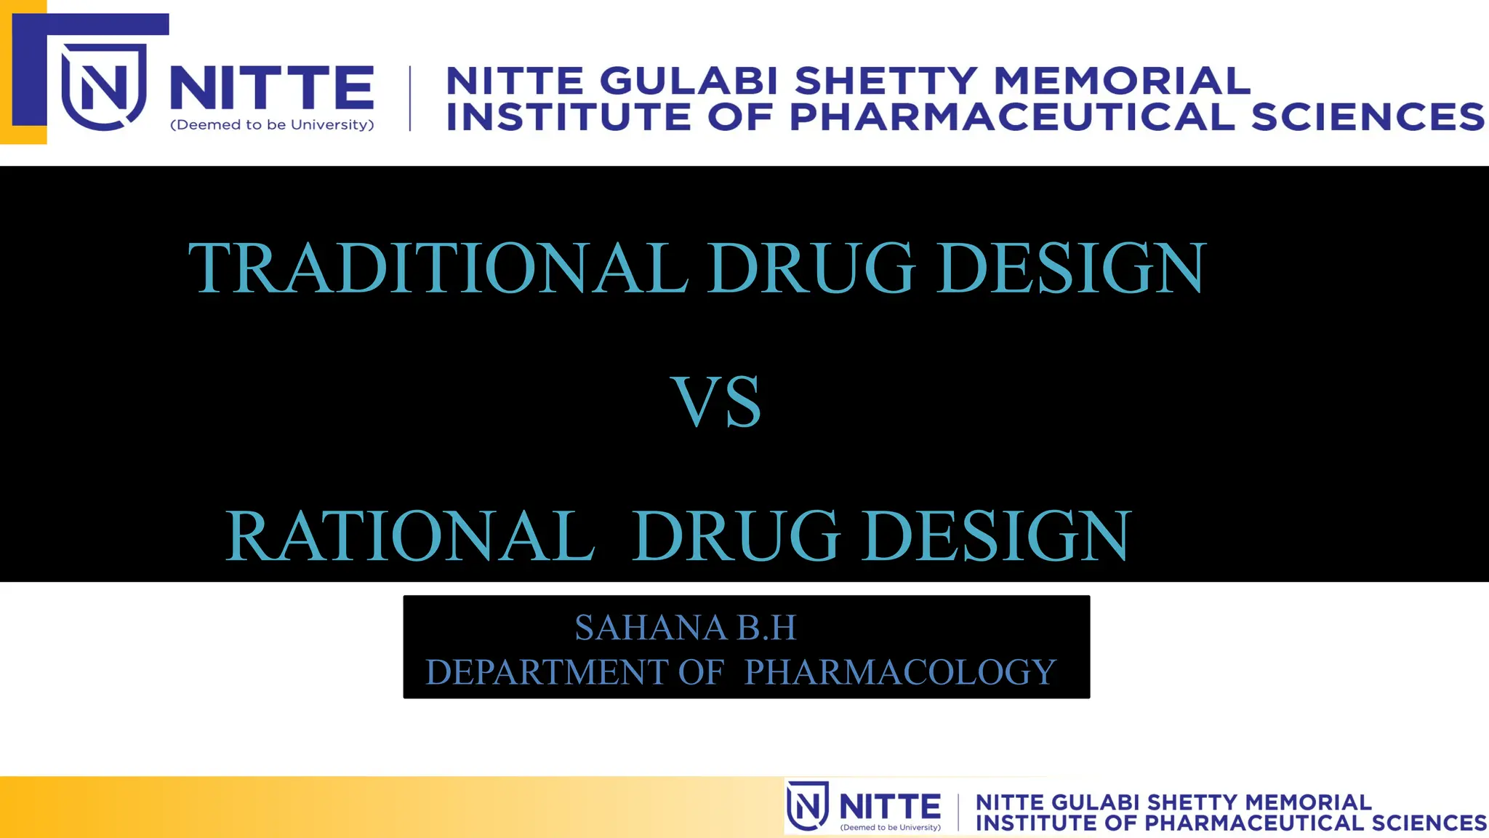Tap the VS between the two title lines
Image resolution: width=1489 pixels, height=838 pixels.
click(715, 402)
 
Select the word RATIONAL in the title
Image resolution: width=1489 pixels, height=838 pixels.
click(410, 537)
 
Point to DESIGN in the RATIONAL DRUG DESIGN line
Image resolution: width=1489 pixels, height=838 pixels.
click(996, 537)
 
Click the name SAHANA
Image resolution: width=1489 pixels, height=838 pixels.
click(651, 628)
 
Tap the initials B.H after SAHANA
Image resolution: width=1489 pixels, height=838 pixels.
click(767, 628)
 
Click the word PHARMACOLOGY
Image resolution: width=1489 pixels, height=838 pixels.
click(899, 672)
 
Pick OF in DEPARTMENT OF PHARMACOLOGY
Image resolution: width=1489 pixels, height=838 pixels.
click(701, 672)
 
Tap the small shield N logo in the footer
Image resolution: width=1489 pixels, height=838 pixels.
click(808, 806)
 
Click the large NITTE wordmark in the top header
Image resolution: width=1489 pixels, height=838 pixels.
click(272, 87)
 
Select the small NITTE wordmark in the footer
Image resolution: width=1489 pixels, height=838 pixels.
click(890, 806)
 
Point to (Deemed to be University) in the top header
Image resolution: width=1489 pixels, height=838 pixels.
click(272, 125)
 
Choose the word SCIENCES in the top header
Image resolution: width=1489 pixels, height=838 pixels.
click(1368, 117)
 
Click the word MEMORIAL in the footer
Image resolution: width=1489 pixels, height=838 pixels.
click(1308, 802)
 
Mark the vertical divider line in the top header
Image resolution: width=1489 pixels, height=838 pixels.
click(410, 98)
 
